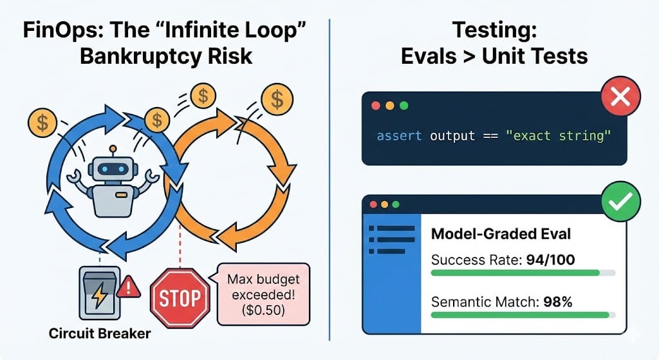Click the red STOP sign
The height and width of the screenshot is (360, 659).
click(x=180, y=298)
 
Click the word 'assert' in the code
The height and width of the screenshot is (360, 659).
click(x=399, y=136)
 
